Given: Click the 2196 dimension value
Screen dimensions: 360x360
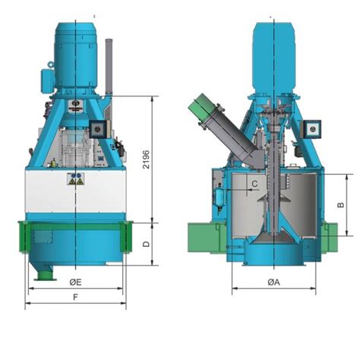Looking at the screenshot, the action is click(146, 159).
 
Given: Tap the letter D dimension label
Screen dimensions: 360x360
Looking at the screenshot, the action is click(147, 244).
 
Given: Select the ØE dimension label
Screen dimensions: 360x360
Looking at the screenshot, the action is click(75, 282).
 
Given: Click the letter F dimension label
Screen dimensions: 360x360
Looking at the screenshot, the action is click(75, 297).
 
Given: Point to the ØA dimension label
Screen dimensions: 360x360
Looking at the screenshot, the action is click(273, 282).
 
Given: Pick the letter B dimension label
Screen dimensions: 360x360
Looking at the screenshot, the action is click(341, 205).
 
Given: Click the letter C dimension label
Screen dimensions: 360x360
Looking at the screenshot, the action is click(254, 184).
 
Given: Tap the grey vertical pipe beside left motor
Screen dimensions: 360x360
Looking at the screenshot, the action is click(109, 67).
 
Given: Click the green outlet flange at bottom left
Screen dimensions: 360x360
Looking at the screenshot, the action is click(46, 276).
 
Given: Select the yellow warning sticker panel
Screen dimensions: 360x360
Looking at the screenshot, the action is click(76, 178).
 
